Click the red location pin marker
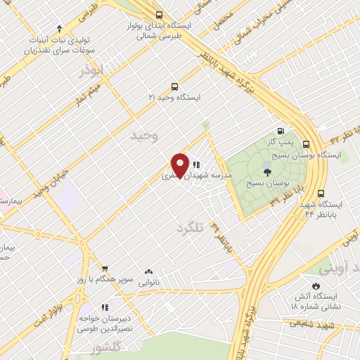pyautogui.click(x=180, y=165)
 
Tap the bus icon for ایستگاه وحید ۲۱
pyautogui.click(x=153, y=88)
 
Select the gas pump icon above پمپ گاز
pyautogui.click(x=281, y=131)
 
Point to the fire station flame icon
pyautogui.click(x=316, y=285)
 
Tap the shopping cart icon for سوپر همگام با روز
pyautogui.click(x=105, y=268)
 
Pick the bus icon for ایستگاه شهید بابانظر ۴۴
pyautogui.click(x=321, y=193)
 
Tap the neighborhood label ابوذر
pyautogui.click(x=92, y=71)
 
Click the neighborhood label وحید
pyautogui.click(x=146, y=134)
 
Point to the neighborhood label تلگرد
pyautogui.click(x=192, y=226)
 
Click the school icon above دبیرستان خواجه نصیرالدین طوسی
pyautogui.click(x=105, y=307)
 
